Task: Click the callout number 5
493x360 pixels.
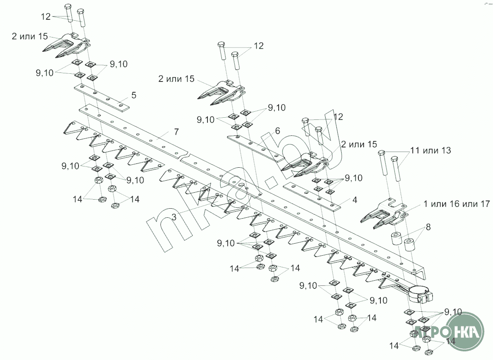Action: pyautogui.click(x=134, y=94)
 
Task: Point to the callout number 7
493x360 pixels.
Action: pyautogui.click(x=176, y=132)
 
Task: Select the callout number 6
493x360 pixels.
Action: pyautogui.click(x=277, y=130)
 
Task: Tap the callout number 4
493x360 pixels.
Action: pyautogui.click(x=355, y=200)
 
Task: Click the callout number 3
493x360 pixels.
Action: pyautogui.click(x=174, y=217)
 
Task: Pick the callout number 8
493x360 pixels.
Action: pyautogui.click(x=428, y=227)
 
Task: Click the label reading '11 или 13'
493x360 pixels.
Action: pyautogui.click(x=431, y=150)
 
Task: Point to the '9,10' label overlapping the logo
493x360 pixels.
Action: pyautogui.click(x=453, y=312)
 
